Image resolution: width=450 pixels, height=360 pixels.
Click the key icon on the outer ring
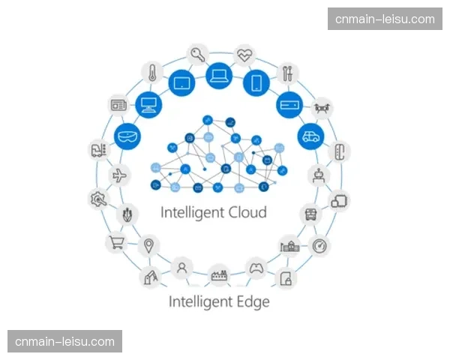click(x=198, y=54)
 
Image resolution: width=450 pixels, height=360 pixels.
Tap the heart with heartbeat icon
click(x=245, y=55)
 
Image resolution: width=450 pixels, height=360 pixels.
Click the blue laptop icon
click(x=218, y=74)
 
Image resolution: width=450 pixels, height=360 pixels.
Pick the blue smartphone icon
click(x=256, y=81)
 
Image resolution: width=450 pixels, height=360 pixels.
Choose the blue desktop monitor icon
click(x=148, y=104)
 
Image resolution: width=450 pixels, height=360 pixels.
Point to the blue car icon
click(x=309, y=136)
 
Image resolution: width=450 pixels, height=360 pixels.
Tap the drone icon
click(x=322, y=107)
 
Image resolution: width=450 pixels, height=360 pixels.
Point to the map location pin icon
click(x=150, y=245)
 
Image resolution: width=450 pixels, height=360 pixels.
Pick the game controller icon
click(x=256, y=266)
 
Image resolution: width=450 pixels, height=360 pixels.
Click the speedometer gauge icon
click(x=320, y=245)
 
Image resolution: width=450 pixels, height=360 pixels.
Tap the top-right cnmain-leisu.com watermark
click(x=384, y=19)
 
